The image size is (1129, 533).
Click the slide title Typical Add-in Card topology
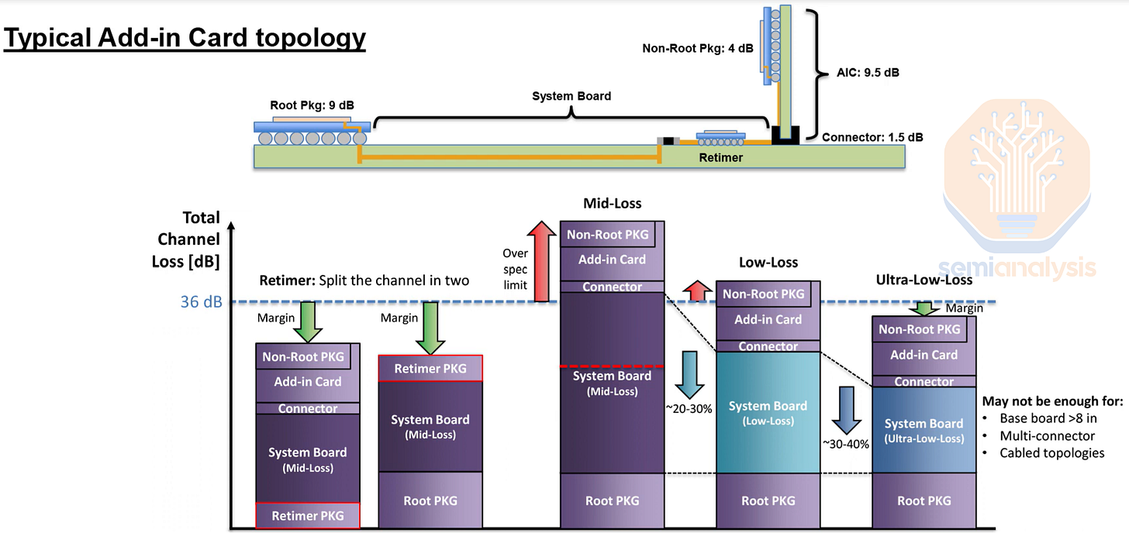tap(185, 37)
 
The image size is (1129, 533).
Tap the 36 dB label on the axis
tap(201, 302)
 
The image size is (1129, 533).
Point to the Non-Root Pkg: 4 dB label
tap(697, 48)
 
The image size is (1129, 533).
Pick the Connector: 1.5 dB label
tap(872, 137)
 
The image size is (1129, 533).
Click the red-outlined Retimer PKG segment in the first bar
tap(308, 515)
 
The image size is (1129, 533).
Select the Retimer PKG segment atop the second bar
tap(430, 369)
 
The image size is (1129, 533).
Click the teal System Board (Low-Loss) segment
tap(768, 412)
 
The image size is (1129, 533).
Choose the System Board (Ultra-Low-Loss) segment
tap(924, 430)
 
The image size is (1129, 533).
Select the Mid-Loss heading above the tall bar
tap(612, 204)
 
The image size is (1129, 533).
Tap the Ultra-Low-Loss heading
tap(924, 280)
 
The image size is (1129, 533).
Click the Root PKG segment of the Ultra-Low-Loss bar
tap(924, 500)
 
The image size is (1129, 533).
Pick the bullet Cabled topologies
tap(1052, 452)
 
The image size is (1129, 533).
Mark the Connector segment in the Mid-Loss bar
tap(612, 287)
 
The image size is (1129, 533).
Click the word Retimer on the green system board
tap(720, 157)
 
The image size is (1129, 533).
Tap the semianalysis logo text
tap(1018, 268)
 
